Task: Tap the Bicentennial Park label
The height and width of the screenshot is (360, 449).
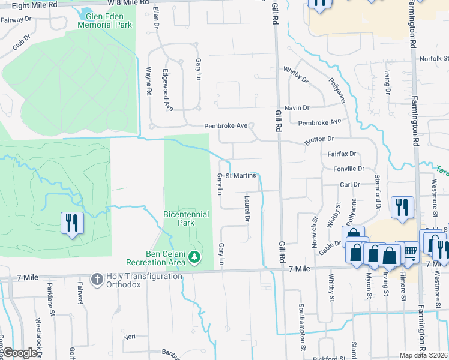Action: coord(186,218)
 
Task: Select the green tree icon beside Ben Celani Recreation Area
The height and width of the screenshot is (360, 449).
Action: coord(194,257)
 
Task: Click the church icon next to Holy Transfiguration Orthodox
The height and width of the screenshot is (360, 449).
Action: coord(96,279)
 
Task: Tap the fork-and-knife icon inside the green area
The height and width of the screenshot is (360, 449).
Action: coord(73,223)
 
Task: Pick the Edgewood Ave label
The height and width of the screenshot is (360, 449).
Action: coord(168,89)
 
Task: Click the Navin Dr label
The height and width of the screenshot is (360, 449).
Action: coord(297,107)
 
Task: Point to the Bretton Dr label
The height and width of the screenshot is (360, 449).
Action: coord(319,139)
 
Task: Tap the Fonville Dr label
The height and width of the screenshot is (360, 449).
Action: coord(349,169)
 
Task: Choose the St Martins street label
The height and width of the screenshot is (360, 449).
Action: coord(241,175)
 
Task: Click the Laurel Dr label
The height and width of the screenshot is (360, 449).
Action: coord(247,208)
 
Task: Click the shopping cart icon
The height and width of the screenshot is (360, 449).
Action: coord(410,254)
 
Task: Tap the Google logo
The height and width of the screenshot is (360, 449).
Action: coord(19,353)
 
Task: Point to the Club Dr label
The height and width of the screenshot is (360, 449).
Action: coord(21,46)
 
